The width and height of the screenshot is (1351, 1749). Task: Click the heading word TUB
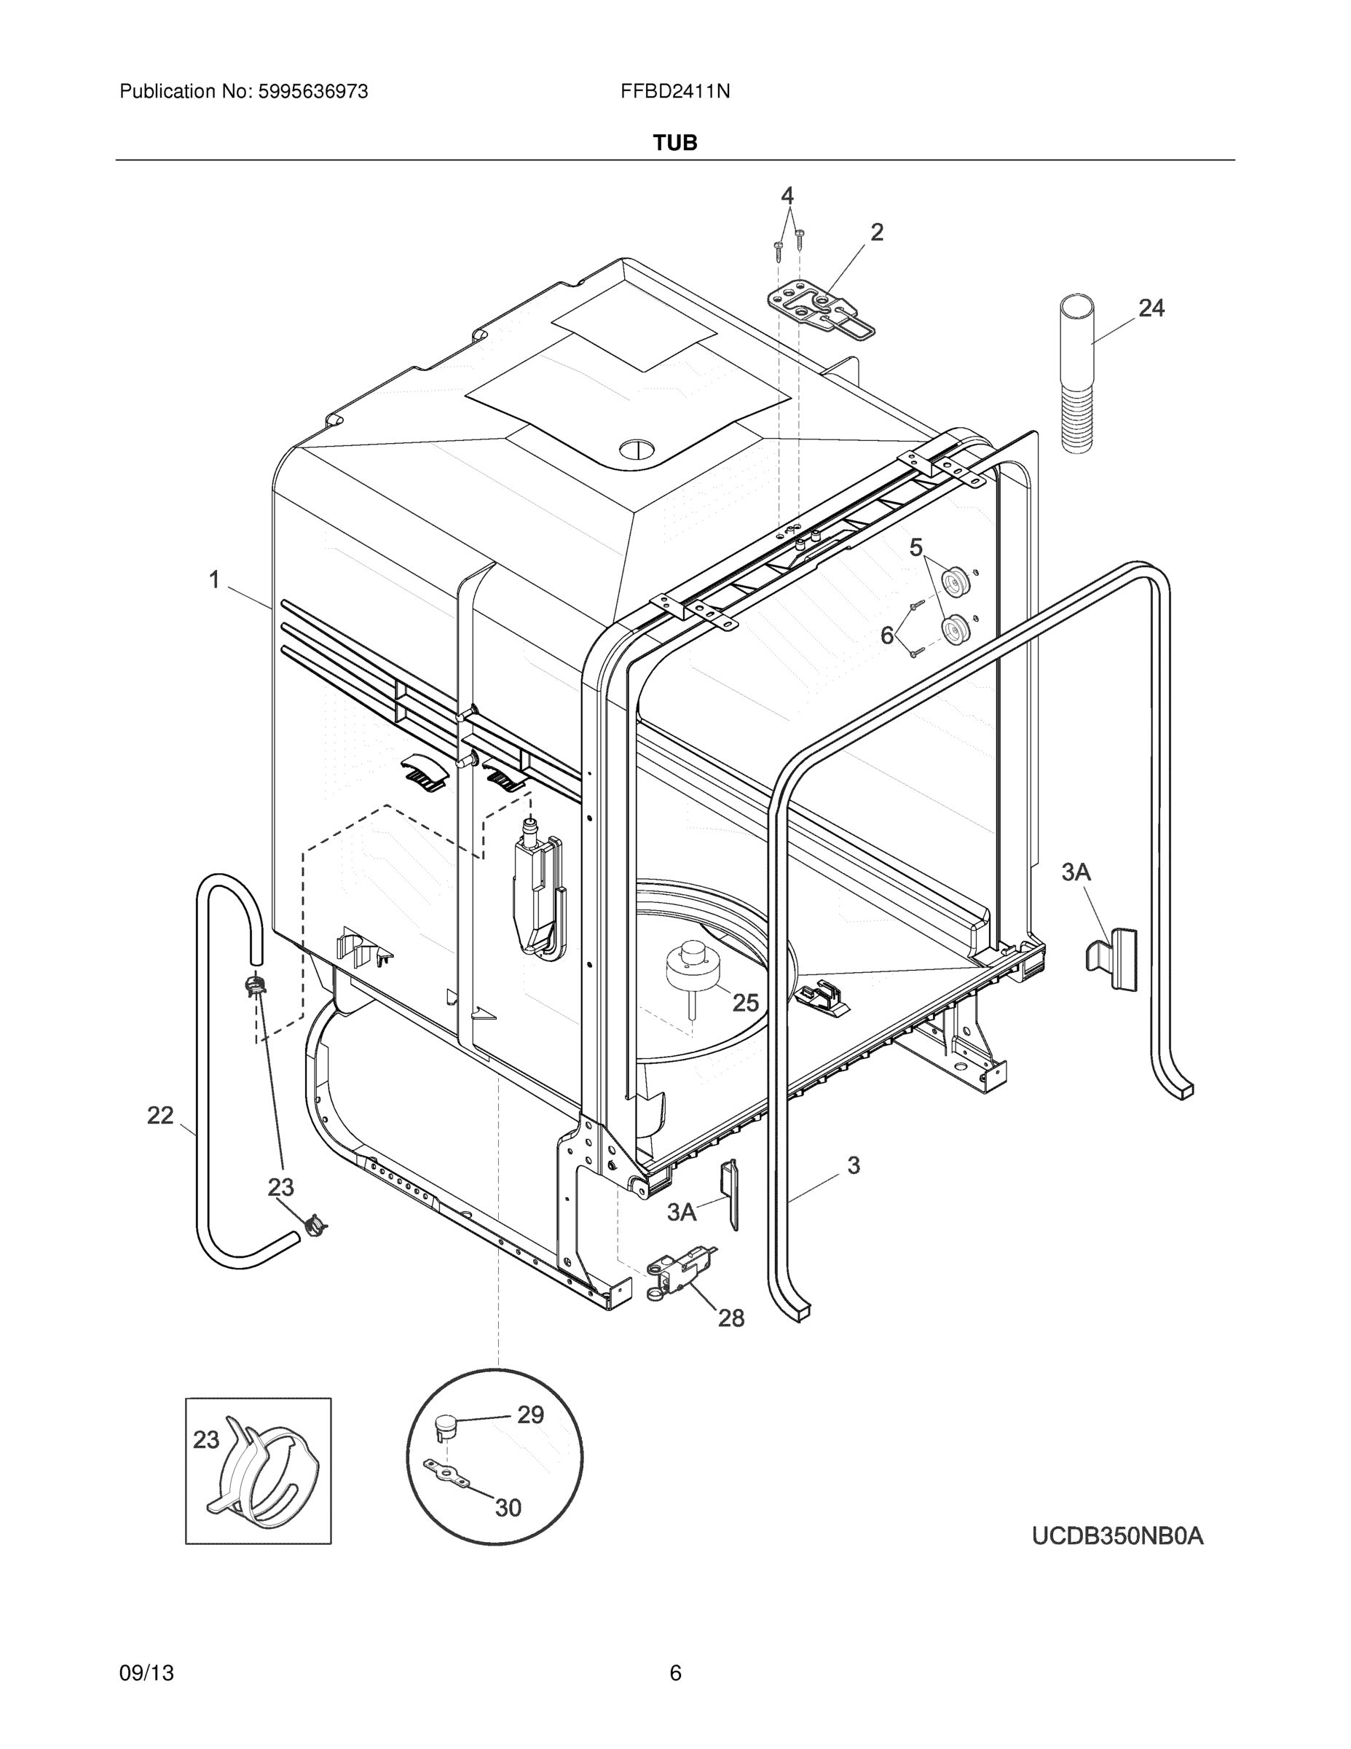tap(674, 143)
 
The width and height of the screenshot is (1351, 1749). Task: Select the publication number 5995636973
tap(313, 92)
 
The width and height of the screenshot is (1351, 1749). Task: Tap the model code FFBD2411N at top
tap(674, 92)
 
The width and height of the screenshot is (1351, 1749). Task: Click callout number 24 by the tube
tap(1151, 308)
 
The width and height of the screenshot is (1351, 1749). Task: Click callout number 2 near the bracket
tap(876, 232)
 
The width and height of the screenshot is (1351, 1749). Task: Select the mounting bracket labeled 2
tap(820, 308)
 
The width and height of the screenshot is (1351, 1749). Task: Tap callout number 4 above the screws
tap(787, 195)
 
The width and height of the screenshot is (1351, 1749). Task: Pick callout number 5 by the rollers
tap(915, 548)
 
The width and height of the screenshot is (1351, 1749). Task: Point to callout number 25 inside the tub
tap(745, 1003)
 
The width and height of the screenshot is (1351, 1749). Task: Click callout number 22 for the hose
tap(160, 1115)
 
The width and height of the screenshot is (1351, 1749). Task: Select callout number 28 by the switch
tap(730, 1318)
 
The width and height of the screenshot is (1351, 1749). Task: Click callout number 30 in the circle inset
tap(508, 1508)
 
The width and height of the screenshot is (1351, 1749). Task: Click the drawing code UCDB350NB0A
tap(1117, 1536)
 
